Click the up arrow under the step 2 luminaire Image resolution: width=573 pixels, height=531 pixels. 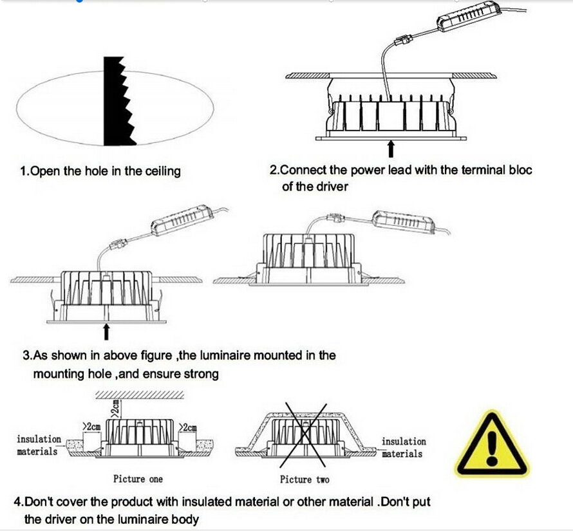click(x=391, y=149)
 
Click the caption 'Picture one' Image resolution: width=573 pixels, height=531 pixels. click(x=138, y=479)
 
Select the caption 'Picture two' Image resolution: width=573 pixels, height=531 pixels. click(x=305, y=479)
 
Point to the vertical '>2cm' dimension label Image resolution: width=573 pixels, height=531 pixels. click(x=114, y=407)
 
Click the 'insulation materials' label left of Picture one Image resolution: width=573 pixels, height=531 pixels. click(x=39, y=445)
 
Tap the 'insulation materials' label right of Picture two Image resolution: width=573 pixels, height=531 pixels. click(x=404, y=447)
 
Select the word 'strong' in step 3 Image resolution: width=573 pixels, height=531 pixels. click(x=200, y=373)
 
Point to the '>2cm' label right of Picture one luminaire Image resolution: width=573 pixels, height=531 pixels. click(x=189, y=427)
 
